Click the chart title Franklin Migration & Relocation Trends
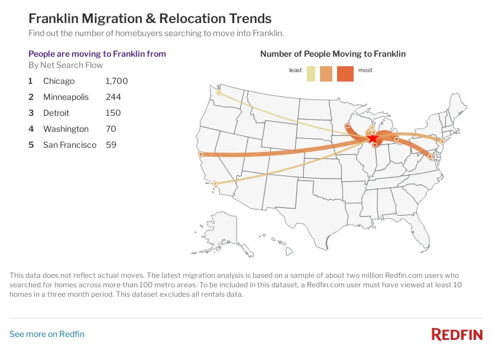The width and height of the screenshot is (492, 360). (x=150, y=19)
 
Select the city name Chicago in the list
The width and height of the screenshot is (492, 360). (x=59, y=81)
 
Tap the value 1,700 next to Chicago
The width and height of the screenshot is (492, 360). (x=116, y=81)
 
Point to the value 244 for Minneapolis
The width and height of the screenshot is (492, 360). (x=113, y=97)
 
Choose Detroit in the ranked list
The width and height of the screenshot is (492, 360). (x=56, y=113)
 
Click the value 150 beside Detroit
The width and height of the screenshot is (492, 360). (x=113, y=113)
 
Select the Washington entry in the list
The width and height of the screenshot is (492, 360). (x=66, y=129)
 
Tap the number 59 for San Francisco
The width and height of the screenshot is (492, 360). (x=111, y=145)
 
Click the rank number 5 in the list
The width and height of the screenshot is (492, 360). (x=31, y=145)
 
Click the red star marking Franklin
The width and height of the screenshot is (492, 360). (x=373, y=139)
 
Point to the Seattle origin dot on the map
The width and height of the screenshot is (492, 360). (x=219, y=93)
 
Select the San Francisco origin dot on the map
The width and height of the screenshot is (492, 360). (x=202, y=154)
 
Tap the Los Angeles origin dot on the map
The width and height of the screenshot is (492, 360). (x=215, y=183)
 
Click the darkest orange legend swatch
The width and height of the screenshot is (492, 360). (x=345, y=74)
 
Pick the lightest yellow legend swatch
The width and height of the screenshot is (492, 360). (x=311, y=74)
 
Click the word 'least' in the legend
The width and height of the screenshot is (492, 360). (x=295, y=70)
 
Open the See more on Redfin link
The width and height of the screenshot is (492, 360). (x=47, y=334)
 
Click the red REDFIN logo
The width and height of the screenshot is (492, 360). (x=457, y=335)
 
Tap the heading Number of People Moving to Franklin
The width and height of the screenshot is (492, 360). (x=333, y=54)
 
